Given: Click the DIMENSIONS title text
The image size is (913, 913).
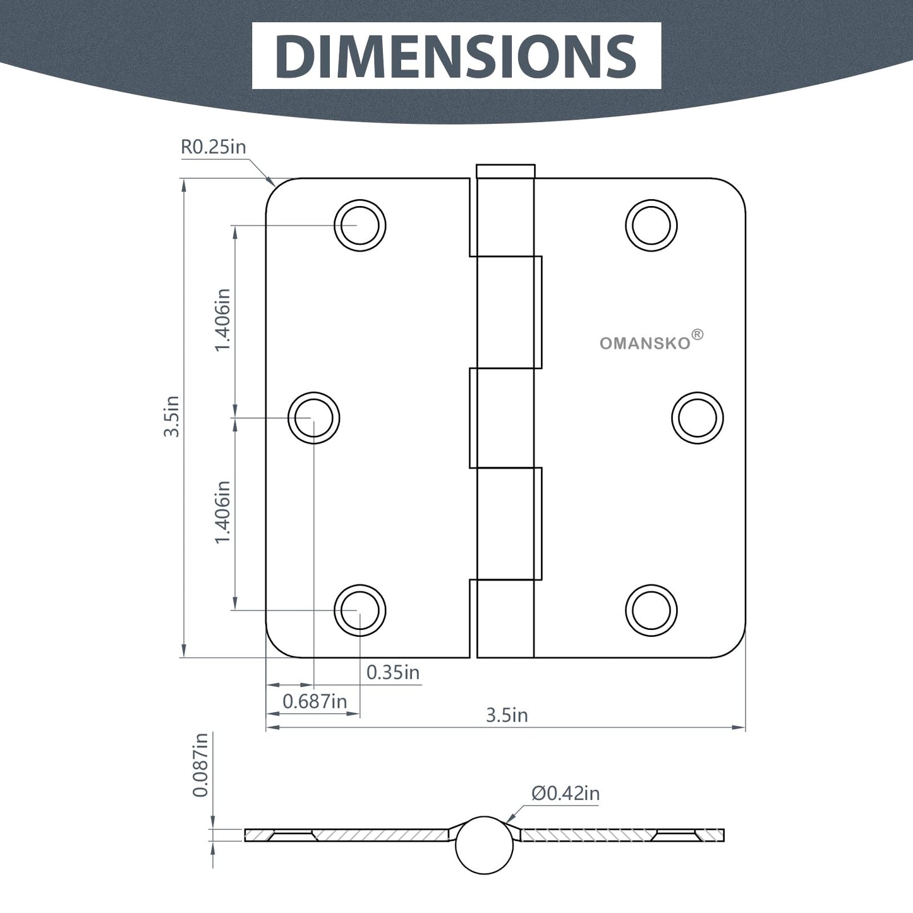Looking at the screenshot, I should pos(456,56).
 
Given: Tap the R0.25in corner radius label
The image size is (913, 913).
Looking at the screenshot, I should pos(213,147).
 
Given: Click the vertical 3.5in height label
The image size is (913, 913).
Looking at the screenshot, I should pos(171,416).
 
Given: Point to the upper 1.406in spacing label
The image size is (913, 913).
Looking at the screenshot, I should pos(222,320).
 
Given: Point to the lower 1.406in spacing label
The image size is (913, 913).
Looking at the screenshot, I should pos(222,512).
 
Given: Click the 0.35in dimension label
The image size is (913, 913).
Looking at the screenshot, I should pos(393,672).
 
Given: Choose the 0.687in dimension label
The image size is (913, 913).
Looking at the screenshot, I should pos(315,701).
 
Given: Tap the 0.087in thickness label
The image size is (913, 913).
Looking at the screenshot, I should pos(200,765).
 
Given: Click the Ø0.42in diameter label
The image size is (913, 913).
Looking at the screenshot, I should pos(565,793).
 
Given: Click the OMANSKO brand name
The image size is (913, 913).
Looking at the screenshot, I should pos(645,344).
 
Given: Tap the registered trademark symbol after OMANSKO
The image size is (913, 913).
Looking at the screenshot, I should pos(697,334).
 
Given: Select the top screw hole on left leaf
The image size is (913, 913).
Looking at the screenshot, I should pos(360,225).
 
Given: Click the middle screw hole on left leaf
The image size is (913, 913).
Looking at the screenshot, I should pos(313,418).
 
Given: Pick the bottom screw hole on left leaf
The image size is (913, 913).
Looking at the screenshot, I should pos(360,610).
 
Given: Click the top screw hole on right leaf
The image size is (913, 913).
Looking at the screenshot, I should pos(651,225).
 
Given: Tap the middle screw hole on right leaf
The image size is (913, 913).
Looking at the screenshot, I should pos(698,418).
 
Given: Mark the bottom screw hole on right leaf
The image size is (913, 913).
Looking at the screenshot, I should pos(651,610).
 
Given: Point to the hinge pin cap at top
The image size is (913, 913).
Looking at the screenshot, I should pos(505,171).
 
